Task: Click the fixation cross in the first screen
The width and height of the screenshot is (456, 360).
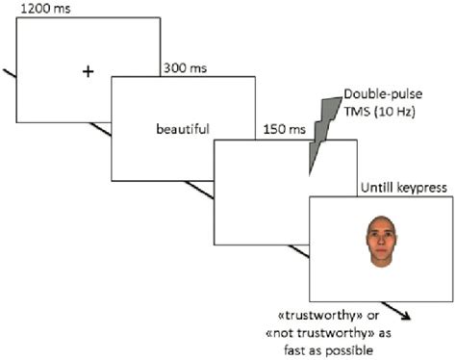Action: pyautogui.click(x=89, y=71)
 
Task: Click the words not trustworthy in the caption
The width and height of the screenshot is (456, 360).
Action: pyautogui.click(x=314, y=329)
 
